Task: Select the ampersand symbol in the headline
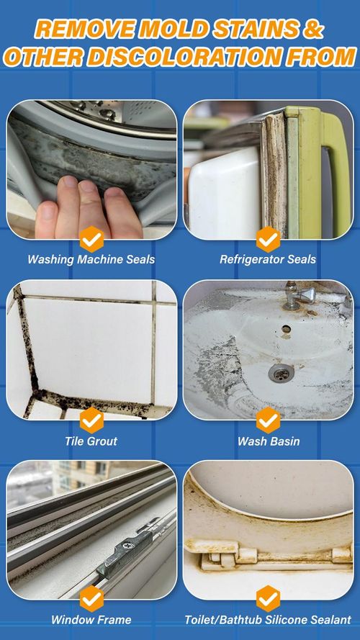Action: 315,29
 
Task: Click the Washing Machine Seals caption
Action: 91,260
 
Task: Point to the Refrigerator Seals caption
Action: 268,260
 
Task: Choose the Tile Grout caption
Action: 91,441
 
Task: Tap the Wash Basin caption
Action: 268,441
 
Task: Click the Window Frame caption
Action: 91,620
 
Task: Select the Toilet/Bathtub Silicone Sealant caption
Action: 268,620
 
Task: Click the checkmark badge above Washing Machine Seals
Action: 91,239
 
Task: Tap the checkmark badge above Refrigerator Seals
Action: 268,239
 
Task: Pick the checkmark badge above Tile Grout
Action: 91,420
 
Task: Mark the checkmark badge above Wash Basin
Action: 268,420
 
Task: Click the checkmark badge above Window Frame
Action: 91,599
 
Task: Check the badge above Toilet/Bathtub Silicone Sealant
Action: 268,599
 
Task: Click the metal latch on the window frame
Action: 125,548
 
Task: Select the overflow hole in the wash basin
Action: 287,328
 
